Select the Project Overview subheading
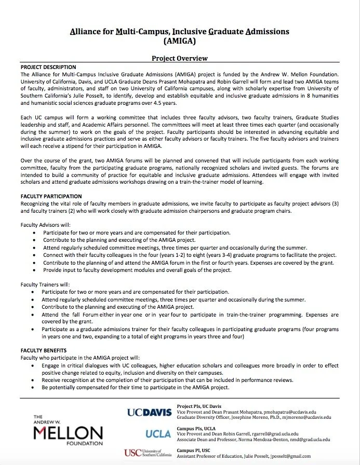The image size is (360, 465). (180, 59)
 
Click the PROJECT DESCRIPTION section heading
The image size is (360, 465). (48, 67)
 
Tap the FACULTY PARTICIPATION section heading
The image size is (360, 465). (51, 197)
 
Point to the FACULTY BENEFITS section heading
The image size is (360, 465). (44, 351)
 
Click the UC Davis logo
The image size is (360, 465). (149, 413)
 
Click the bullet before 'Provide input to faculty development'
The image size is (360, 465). (34, 270)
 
